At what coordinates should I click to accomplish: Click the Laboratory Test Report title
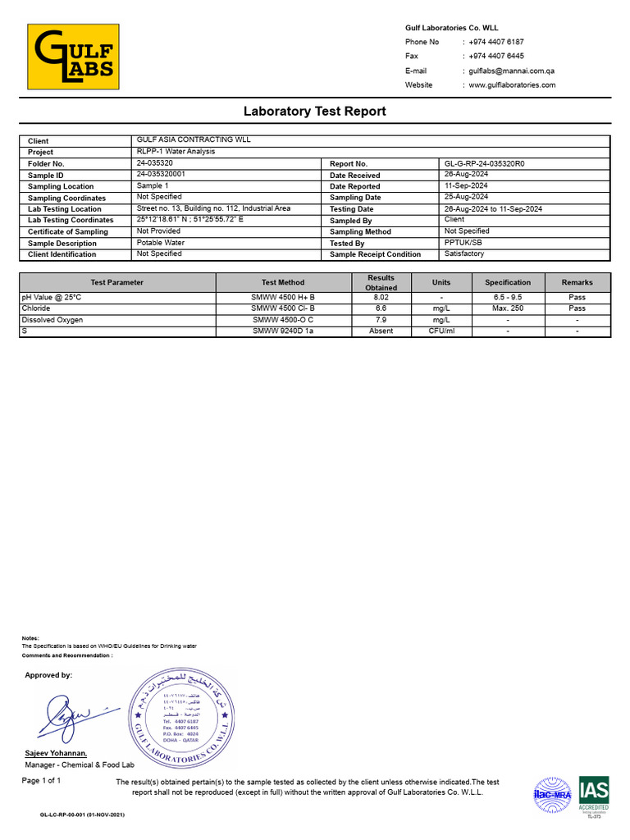coord(314,111)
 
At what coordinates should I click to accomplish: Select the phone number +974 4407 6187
coord(496,42)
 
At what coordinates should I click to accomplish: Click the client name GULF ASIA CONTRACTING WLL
coord(194,140)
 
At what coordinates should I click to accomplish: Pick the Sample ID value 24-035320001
coord(161,175)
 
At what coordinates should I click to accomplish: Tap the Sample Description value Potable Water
coord(162,243)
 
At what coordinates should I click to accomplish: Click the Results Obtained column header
coord(381,282)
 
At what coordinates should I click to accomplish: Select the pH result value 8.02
coord(381,297)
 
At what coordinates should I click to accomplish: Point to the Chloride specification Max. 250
coord(507,308)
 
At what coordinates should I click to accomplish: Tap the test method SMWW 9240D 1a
coord(283,331)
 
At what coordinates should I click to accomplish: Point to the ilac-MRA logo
coord(552,794)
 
